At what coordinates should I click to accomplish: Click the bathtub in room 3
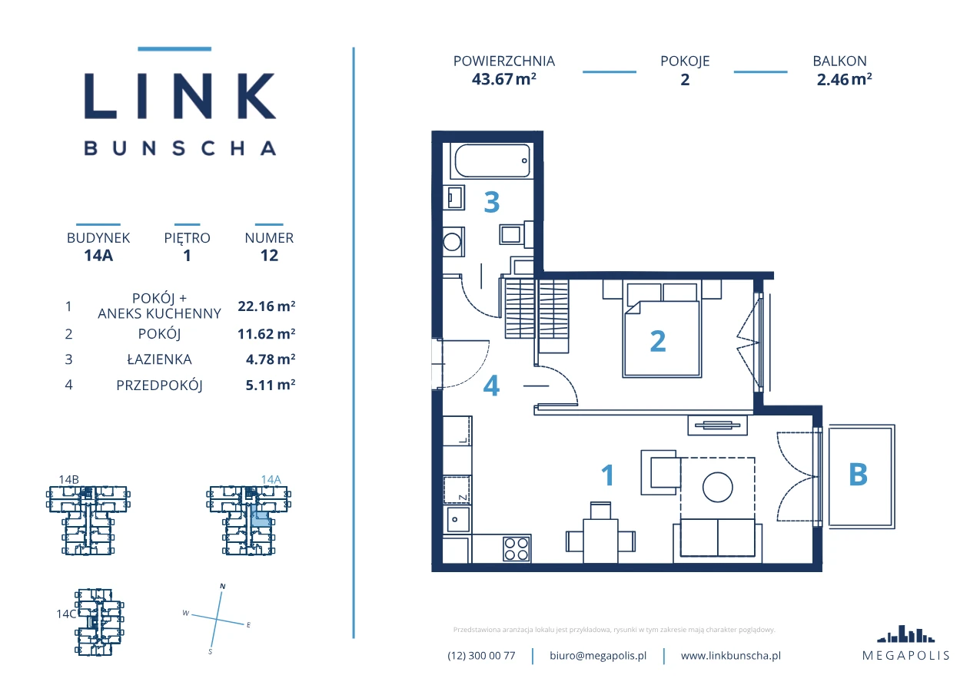tap(492, 160)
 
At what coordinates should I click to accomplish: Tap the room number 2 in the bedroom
tap(658, 342)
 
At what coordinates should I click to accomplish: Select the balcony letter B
tap(859, 475)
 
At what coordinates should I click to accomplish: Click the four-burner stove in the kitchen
tap(517, 549)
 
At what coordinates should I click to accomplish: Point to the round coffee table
tap(718, 487)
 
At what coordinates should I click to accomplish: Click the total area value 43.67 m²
tap(504, 79)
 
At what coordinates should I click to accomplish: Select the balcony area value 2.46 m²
tap(844, 79)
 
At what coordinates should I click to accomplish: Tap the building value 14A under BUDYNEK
tap(98, 255)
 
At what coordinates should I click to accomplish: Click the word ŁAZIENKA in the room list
tap(159, 359)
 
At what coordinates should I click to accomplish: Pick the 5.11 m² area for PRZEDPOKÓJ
tap(271, 385)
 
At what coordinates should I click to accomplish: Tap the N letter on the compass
tap(223, 587)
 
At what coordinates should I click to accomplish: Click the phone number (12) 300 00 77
tap(481, 656)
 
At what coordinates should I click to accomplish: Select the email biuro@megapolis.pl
tap(598, 656)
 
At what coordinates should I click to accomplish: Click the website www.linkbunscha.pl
tap(731, 656)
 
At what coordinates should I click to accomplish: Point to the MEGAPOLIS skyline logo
tap(905, 634)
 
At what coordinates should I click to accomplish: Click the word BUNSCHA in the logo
tap(180, 148)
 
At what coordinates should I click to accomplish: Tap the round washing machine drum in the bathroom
tap(452, 242)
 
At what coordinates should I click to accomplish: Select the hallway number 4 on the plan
tap(491, 386)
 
